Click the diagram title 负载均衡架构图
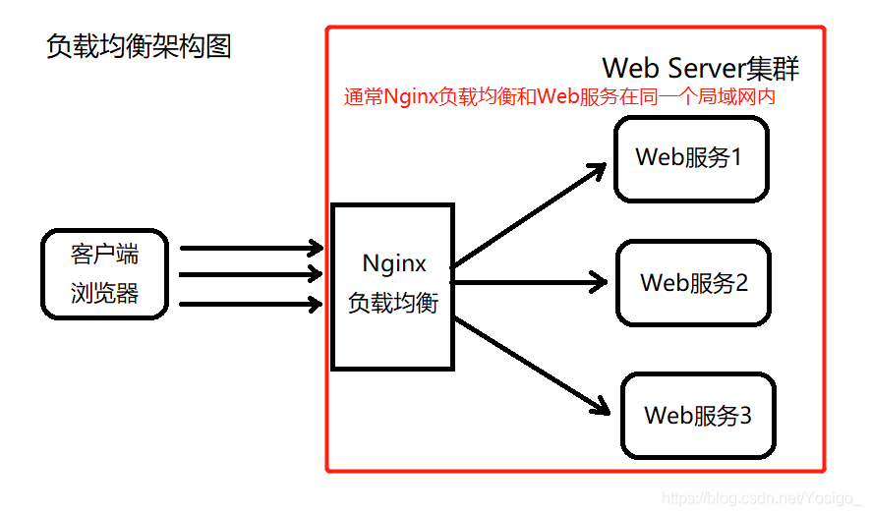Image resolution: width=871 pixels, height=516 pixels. pos(139,46)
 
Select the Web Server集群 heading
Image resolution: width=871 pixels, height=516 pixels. pos(701,68)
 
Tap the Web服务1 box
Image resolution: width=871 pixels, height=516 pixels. pos(690,158)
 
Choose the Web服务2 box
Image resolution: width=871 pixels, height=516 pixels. pos(694,283)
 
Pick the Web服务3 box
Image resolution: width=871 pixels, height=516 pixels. pos(698,415)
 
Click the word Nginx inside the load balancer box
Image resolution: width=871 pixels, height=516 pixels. pos(394,263)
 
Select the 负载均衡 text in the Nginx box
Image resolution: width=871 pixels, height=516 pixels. pos(393,302)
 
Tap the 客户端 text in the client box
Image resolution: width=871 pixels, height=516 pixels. pos(105,255)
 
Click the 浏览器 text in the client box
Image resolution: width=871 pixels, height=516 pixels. pos(105,293)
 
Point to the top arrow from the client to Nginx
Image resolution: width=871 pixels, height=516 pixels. pos(252,247)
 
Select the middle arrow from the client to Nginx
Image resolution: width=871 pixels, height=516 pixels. pos(252,274)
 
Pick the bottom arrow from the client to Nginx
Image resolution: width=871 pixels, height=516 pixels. pos(252,304)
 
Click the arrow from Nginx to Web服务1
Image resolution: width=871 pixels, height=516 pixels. pos(531,215)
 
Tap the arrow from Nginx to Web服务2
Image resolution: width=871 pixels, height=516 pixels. pos(531,283)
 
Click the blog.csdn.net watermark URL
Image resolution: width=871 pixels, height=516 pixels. pos(762,499)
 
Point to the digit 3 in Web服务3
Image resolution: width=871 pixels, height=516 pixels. pos(744,415)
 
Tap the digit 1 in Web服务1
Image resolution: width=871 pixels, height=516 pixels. pos(735,157)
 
